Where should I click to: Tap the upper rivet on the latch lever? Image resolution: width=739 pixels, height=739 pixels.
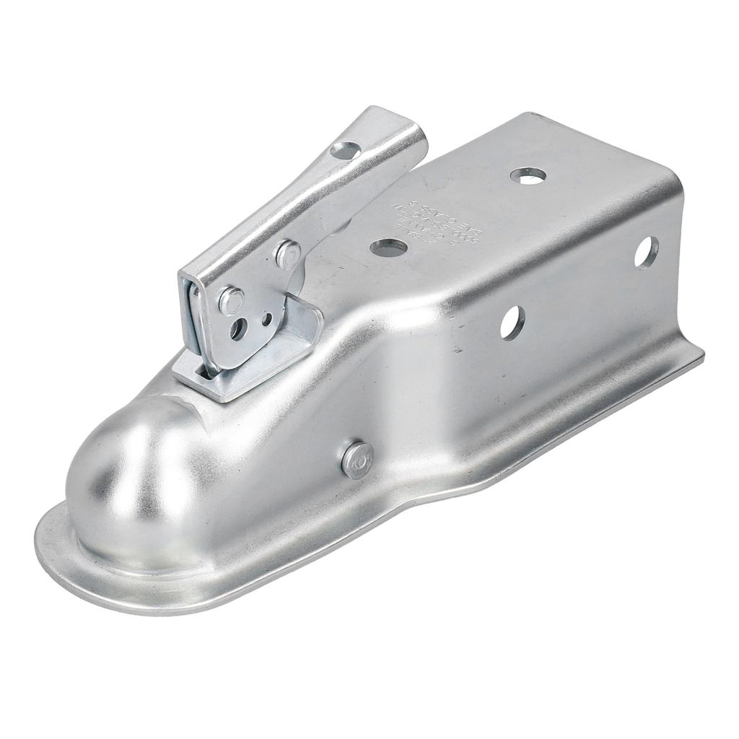point(288,254)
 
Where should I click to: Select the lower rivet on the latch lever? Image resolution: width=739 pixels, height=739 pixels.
point(230,300)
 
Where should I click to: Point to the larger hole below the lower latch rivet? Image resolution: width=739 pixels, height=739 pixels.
point(237,328)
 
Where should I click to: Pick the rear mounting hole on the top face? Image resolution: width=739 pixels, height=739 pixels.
point(528,175)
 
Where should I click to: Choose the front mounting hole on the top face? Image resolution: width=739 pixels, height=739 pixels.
point(388,248)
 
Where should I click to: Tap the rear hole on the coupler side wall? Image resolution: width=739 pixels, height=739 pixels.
point(646,253)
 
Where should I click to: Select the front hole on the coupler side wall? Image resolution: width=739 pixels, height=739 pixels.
point(512,323)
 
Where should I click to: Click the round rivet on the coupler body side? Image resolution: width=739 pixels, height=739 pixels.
point(357,460)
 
